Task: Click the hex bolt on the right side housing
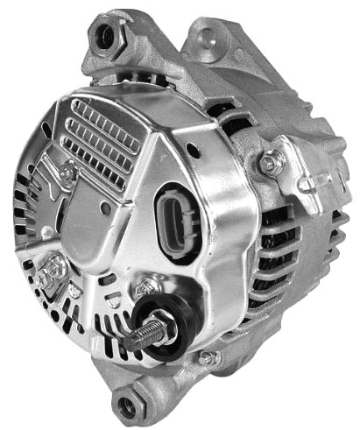(271, 162)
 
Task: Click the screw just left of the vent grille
(67, 172)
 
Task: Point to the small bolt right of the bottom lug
(207, 357)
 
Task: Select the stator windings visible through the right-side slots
(263, 263)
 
